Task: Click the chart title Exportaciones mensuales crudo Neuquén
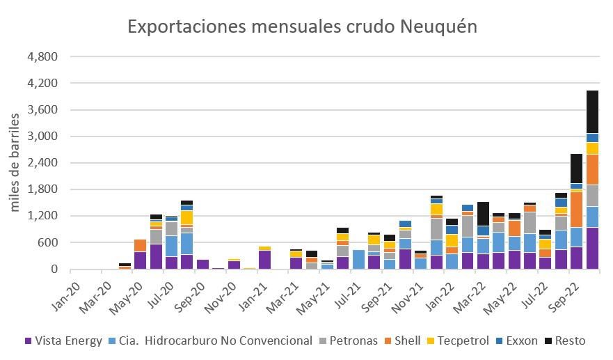[x=302, y=26]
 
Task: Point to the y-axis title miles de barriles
[x=15, y=164]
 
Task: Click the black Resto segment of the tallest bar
[x=592, y=111]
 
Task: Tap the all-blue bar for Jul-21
[x=358, y=259]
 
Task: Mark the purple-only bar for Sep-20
[x=202, y=265]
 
